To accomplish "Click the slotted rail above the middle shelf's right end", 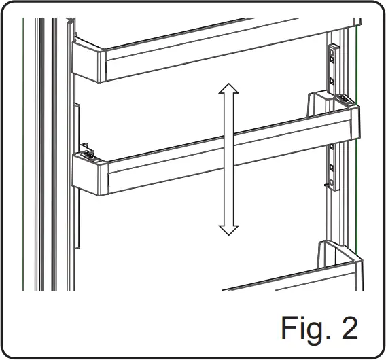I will tap(332, 68).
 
